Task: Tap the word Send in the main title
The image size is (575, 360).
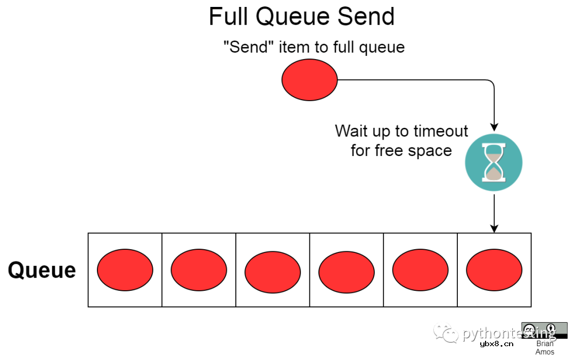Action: point(366,17)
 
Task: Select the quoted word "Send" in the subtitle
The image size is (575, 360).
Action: point(249,47)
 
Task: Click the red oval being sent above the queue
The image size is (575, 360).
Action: point(309,80)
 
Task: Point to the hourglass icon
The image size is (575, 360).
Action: point(494,162)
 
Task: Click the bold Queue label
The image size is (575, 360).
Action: point(42,271)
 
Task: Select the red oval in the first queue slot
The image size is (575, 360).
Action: point(125,270)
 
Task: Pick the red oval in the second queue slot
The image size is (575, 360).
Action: point(199,270)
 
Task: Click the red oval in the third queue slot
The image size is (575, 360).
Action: point(273,272)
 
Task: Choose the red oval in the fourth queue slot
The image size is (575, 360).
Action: point(347,272)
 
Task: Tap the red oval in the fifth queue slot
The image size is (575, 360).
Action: point(420,270)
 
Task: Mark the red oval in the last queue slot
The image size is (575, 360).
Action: point(494,270)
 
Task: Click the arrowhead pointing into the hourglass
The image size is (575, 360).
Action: point(494,127)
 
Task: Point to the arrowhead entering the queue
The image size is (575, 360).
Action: point(494,228)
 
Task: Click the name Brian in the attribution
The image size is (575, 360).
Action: point(545,344)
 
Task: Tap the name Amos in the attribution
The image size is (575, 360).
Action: point(545,353)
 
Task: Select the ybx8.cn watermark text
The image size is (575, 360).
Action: point(497,344)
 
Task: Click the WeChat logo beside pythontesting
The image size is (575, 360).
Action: point(446,332)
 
